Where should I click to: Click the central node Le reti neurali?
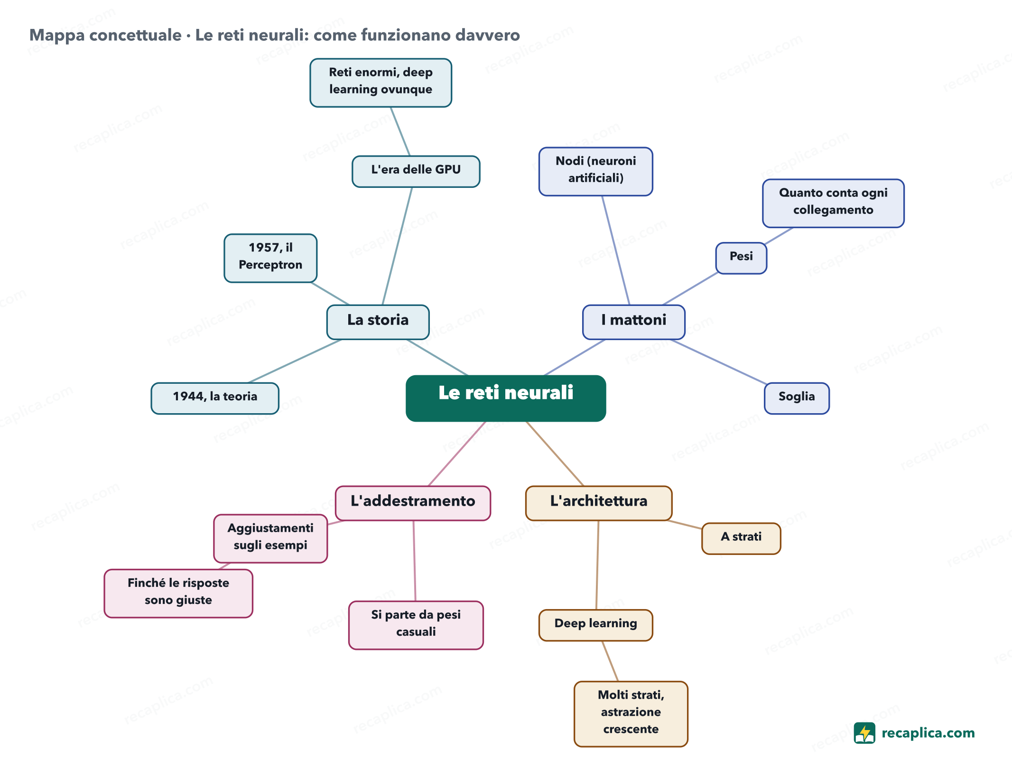[x=506, y=398]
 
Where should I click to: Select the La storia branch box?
[x=378, y=322]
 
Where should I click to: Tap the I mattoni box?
[x=633, y=322]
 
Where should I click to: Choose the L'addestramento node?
[x=413, y=503]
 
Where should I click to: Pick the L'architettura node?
[x=599, y=503]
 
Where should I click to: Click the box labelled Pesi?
[x=741, y=258]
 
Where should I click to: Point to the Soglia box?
[x=797, y=398]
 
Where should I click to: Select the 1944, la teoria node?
[x=215, y=398]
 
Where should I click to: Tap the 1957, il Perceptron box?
[x=270, y=258]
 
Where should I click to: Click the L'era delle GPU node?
[x=416, y=171]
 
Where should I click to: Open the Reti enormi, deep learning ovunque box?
[x=381, y=83]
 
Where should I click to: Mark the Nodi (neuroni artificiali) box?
[x=596, y=171]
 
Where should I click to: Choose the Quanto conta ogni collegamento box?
[x=834, y=203]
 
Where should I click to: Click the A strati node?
[x=741, y=538]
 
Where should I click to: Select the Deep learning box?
[x=596, y=625]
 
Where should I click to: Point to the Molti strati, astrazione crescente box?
[x=631, y=714]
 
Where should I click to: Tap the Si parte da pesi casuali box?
[x=416, y=625]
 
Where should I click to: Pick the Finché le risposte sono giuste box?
[x=178, y=593]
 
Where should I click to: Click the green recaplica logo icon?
[x=864, y=733]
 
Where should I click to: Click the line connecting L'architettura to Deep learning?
[x=597, y=565]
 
